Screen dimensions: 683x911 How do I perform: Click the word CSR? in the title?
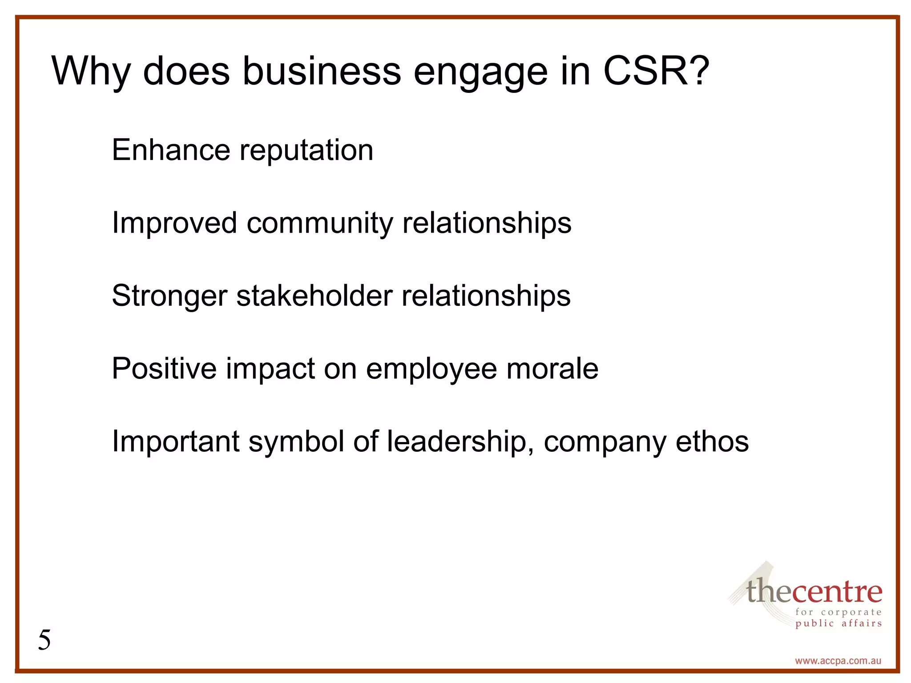coord(656,71)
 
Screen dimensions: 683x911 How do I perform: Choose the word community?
coord(320,223)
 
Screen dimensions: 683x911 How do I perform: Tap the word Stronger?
coord(169,296)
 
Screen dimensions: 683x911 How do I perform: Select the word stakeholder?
coord(314,295)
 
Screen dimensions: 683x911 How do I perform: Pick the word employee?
coord(431,370)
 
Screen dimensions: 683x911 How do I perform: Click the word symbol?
coord(296,442)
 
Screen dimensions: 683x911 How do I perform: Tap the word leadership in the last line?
coord(460,442)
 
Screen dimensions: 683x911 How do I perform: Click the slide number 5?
coord(44,640)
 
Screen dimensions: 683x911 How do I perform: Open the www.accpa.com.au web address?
coord(838,661)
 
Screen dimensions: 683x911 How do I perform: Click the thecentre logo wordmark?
coord(814,591)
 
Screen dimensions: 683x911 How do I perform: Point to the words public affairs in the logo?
coord(838,623)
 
